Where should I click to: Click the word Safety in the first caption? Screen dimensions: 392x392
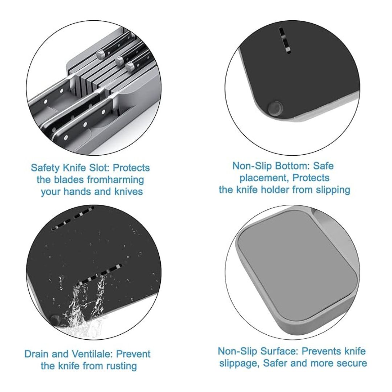[45, 168]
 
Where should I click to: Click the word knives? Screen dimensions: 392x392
[128, 192]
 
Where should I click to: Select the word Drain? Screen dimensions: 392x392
[37, 354]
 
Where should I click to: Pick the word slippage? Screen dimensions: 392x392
[239, 363]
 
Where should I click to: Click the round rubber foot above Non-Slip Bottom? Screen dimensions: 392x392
[275, 109]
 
